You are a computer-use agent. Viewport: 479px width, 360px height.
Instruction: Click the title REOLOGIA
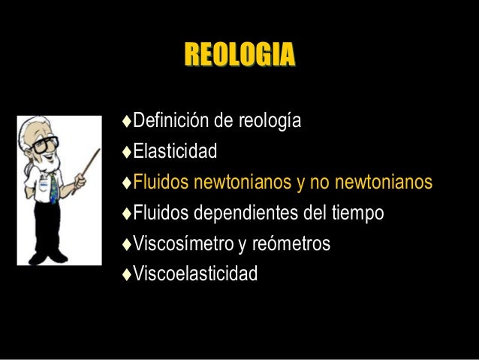pyautogui.click(x=239, y=55)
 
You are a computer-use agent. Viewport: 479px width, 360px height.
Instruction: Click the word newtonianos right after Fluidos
pyautogui.click(x=235, y=183)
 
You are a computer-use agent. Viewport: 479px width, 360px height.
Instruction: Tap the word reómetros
pyautogui.click(x=288, y=244)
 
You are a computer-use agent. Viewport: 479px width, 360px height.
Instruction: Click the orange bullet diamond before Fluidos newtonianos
pyautogui.click(x=127, y=183)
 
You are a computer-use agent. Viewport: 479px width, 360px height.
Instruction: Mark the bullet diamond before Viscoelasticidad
pyautogui.click(x=127, y=274)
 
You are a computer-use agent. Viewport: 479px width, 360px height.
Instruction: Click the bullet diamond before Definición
pyautogui.click(x=127, y=121)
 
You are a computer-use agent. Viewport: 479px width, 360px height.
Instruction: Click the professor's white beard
pyautogui.click(x=49, y=162)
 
